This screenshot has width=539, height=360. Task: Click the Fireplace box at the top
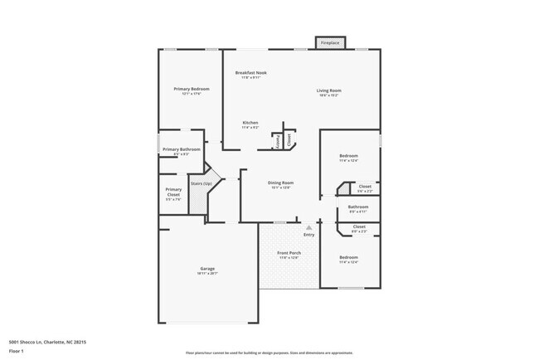coord(329,42)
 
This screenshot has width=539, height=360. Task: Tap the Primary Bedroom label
coord(191,89)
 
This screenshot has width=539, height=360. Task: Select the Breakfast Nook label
coord(250,73)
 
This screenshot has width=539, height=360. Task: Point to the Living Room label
coord(328,90)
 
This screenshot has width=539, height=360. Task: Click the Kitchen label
coord(250,123)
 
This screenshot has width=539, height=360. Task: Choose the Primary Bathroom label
coord(181,149)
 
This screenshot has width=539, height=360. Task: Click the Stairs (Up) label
coord(201,183)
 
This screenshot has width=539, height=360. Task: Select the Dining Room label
coord(280,182)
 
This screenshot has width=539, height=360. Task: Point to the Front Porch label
coord(288,253)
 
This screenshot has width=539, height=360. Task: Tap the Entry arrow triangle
coord(308,226)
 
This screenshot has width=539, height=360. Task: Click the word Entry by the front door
coord(308,235)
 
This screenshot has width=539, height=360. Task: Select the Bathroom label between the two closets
coord(358,207)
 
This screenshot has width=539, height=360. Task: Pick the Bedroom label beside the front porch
coord(348,257)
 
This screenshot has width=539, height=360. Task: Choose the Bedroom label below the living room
coord(348,156)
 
